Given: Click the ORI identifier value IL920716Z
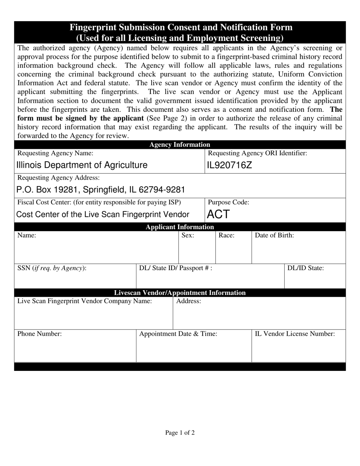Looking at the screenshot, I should [x=229, y=165].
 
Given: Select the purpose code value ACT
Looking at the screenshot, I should [x=218, y=214].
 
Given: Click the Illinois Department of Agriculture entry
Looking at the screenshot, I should [x=82, y=165].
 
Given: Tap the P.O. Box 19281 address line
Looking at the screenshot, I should [x=100, y=189].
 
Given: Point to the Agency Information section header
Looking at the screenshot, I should [x=180, y=144].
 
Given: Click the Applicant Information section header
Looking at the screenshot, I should [x=180, y=227].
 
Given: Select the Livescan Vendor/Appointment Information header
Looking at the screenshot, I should [x=180, y=293].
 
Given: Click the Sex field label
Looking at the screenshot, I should [x=188, y=235].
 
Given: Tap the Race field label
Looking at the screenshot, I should [x=227, y=235].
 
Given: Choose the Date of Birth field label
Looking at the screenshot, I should [x=274, y=235].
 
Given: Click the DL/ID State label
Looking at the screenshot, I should [x=305, y=268].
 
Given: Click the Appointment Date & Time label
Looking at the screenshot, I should [x=178, y=334].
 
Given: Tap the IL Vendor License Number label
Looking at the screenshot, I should [x=295, y=334].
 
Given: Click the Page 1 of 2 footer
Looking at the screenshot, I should [x=180, y=433].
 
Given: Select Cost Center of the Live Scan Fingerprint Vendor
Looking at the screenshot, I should [x=103, y=214].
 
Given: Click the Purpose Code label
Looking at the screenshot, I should [x=229, y=202].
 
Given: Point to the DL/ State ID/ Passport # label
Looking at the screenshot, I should [x=176, y=268].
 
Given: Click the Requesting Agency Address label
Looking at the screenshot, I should [x=59, y=178].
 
